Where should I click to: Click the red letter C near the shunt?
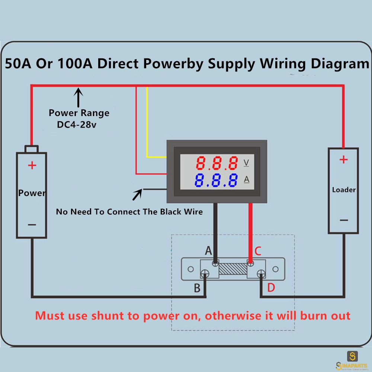(x=258, y=251)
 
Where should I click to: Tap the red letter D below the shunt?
(x=271, y=288)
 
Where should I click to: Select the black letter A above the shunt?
(x=208, y=250)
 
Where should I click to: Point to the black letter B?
(x=197, y=288)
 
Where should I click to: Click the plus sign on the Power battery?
(x=32, y=165)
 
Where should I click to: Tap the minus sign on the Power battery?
(x=32, y=225)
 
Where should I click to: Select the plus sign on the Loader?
(x=343, y=160)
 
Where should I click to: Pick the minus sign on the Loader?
(x=344, y=220)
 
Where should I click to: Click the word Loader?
(x=344, y=190)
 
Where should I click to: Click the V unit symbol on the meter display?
(x=246, y=163)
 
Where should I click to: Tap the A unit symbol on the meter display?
(x=247, y=179)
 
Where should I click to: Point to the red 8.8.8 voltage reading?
(x=217, y=163)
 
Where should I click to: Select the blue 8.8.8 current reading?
(x=216, y=180)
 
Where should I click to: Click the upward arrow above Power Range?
(x=78, y=97)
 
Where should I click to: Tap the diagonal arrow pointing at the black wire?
(x=137, y=195)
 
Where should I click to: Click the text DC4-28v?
(x=77, y=125)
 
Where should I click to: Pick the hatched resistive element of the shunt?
(x=233, y=269)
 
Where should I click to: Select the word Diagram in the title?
(x=340, y=64)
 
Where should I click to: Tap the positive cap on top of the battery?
(x=32, y=149)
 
